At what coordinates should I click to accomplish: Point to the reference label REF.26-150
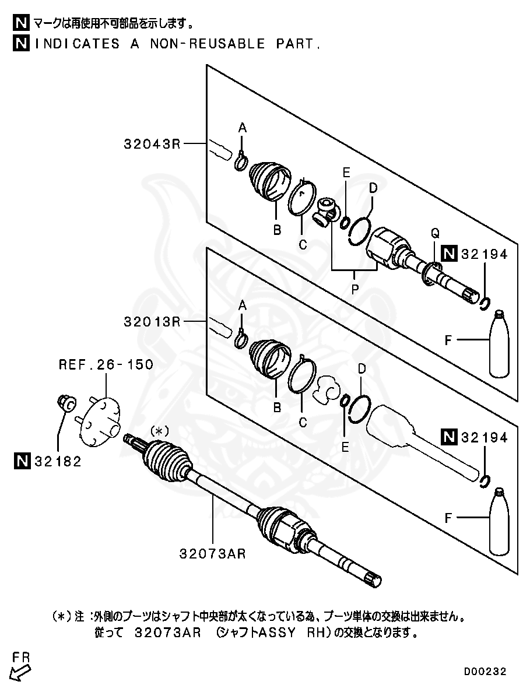point(106,365)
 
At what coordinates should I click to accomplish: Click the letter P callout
point(354,287)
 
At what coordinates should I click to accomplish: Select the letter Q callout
point(434,233)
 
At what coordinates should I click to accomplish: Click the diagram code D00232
point(485,672)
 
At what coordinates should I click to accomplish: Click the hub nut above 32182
point(66,402)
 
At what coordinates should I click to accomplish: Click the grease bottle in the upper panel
point(499,344)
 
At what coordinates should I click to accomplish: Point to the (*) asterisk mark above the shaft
point(159,431)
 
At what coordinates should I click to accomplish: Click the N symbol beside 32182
point(22,462)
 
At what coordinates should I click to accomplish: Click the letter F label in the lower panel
point(448,517)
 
